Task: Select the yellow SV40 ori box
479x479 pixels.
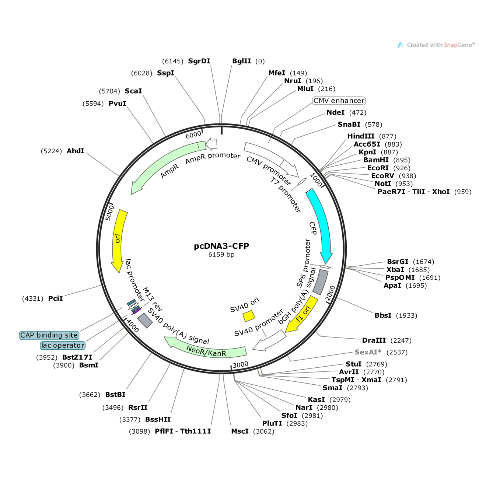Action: (249, 316)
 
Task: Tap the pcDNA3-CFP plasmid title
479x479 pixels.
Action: (221, 246)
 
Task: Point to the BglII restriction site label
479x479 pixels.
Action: (241, 61)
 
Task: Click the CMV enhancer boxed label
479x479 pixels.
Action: (339, 101)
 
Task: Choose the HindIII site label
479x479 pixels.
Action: (361, 136)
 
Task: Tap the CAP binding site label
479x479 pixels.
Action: (49, 335)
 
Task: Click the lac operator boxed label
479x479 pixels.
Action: (63, 346)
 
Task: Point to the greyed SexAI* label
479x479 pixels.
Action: (368, 352)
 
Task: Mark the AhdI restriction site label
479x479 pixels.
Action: (76, 151)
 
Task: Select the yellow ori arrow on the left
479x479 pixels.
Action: (119, 239)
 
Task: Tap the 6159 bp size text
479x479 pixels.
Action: (221, 255)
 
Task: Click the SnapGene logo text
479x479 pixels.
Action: (440, 45)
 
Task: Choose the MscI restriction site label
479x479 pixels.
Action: (240, 431)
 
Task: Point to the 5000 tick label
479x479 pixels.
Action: (109, 213)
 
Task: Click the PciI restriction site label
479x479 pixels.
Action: (55, 298)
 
